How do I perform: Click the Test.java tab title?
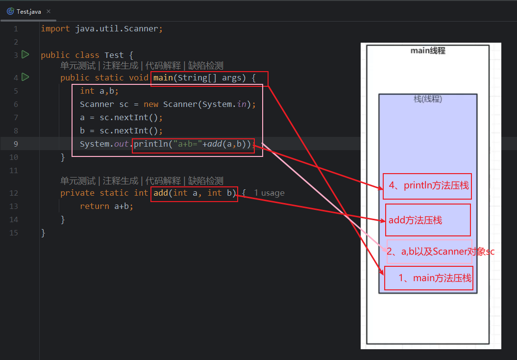coord(28,11)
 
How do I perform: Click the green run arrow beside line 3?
coord(25,54)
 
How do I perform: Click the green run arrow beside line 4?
coord(25,77)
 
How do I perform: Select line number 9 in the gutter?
coord(16,144)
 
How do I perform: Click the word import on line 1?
coord(55,28)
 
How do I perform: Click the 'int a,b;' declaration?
coord(99,91)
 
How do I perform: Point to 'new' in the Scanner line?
coord(150,104)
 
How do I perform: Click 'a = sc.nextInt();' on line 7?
coord(121,117)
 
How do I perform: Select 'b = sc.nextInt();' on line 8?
coord(121,130)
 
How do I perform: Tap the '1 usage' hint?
coord(269,193)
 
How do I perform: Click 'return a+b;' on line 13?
coord(106,206)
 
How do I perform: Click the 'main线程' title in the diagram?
coord(428,51)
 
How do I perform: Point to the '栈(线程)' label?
coord(428,99)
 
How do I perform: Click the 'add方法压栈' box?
coord(428,220)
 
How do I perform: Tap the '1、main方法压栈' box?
coord(429,278)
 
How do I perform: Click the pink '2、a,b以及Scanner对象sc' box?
coord(430,252)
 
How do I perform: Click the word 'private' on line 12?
coord(77,193)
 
